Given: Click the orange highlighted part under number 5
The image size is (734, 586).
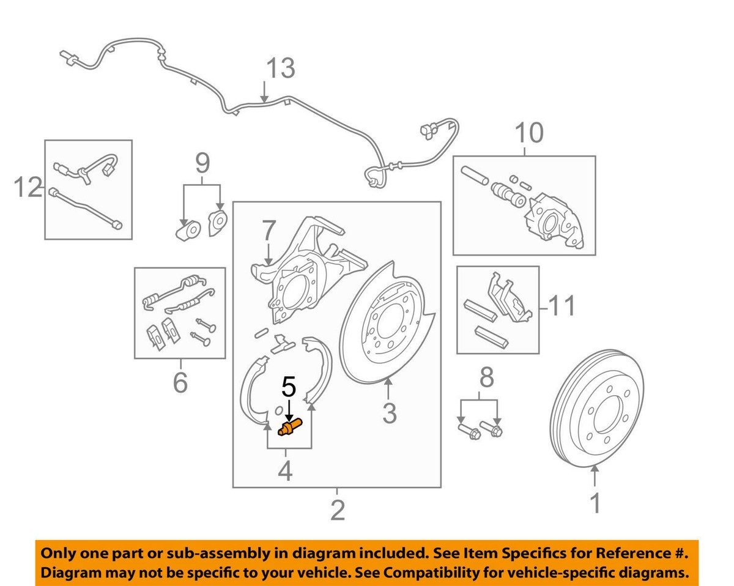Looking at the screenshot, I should click(x=290, y=428).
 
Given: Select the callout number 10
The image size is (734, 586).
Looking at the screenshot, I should click(x=528, y=133).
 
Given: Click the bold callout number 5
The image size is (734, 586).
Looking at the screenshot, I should click(x=288, y=387).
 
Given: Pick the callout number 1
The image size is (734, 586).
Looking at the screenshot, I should click(x=595, y=505).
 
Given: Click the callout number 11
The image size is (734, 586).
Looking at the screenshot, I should click(x=562, y=306).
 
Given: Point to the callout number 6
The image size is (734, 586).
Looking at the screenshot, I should click(x=180, y=383).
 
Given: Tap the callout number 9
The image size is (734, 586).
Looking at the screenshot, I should click(x=202, y=163).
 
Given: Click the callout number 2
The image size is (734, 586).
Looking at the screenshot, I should click(x=337, y=509).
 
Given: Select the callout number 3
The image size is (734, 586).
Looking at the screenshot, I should click(x=389, y=413).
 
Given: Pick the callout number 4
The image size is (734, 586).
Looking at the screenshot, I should click(x=286, y=472).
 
